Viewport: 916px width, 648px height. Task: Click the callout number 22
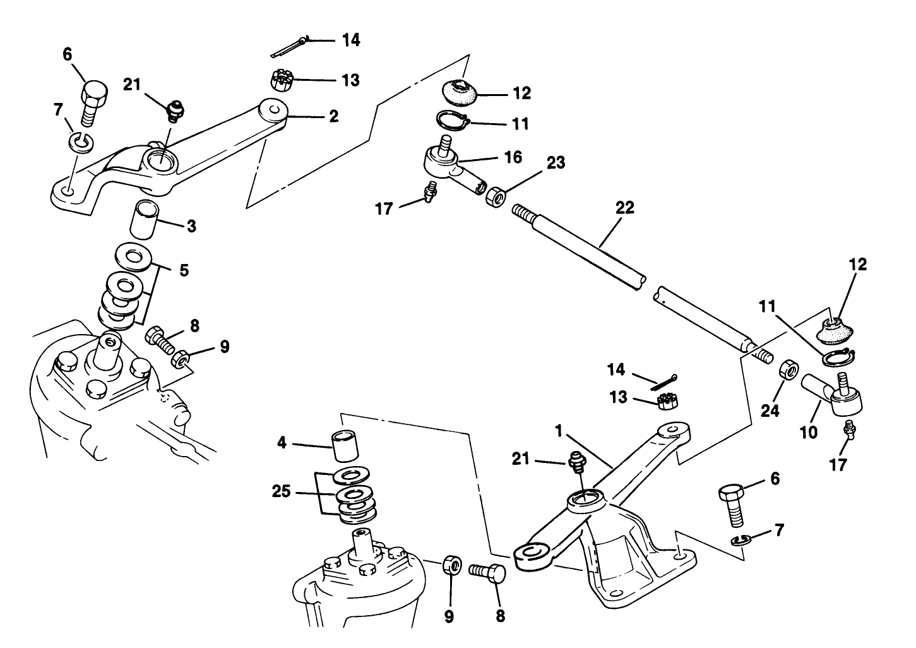[x=624, y=208]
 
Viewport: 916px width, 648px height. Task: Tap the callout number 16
[x=513, y=157]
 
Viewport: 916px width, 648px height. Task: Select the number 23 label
[x=556, y=164]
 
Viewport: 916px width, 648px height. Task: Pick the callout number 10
[x=809, y=433]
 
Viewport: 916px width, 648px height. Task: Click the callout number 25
[x=282, y=491]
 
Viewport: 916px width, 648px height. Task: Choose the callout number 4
[x=282, y=443]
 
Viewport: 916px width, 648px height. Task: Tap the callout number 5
[x=183, y=270]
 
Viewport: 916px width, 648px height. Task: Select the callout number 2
[x=333, y=116]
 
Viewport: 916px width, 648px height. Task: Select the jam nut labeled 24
[x=787, y=369]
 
